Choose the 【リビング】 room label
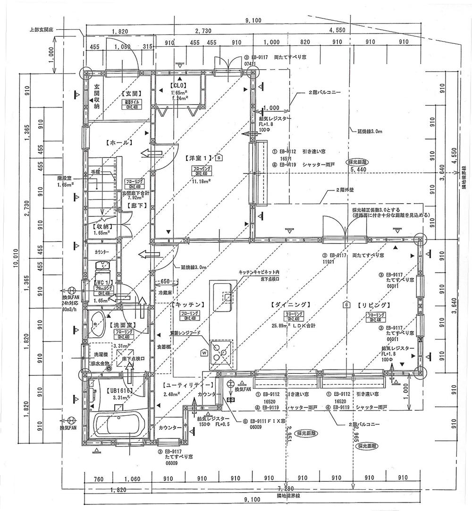373,305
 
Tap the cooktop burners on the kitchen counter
220,352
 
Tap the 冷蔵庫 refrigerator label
162,292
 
